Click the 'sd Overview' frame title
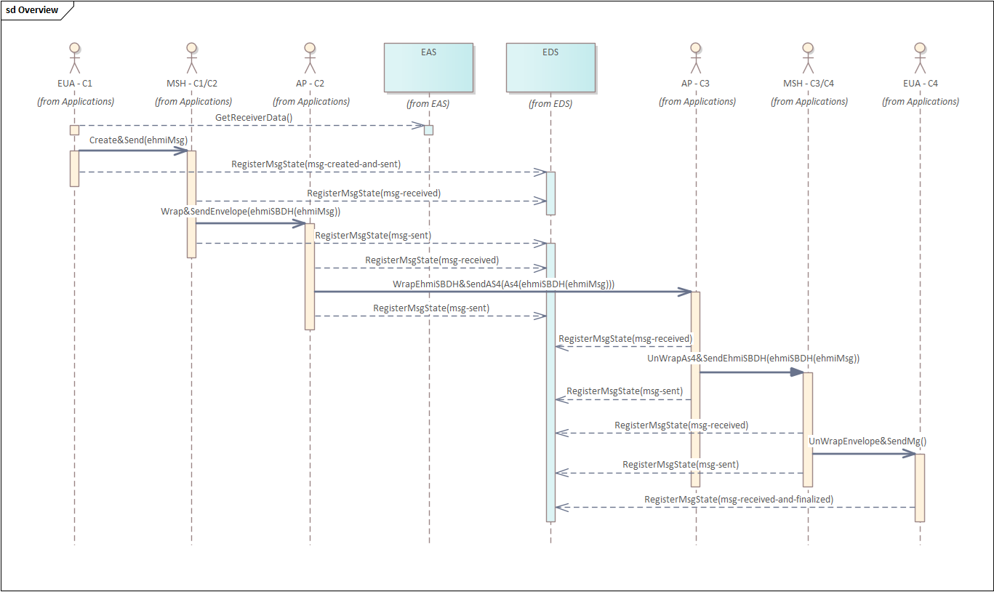(32, 10)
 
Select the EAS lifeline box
(428, 68)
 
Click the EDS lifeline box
(550, 68)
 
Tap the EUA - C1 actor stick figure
(74, 57)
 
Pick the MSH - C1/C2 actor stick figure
(191, 57)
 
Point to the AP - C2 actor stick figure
(310, 57)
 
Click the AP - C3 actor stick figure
(696, 57)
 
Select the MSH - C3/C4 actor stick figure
(808, 57)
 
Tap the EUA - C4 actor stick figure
(920, 57)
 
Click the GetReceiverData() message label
(254, 117)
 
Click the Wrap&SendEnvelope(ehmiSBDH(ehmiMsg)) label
(250, 211)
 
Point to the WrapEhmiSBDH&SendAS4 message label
(503, 284)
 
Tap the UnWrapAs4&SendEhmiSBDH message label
(753, 359)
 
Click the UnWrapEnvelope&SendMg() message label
(867, 441)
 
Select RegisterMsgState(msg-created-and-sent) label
(316, 164)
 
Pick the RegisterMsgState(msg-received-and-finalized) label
(739, 500)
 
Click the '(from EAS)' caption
(428, 103)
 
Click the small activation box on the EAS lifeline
(428, 130)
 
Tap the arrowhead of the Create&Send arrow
(181, 151)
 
